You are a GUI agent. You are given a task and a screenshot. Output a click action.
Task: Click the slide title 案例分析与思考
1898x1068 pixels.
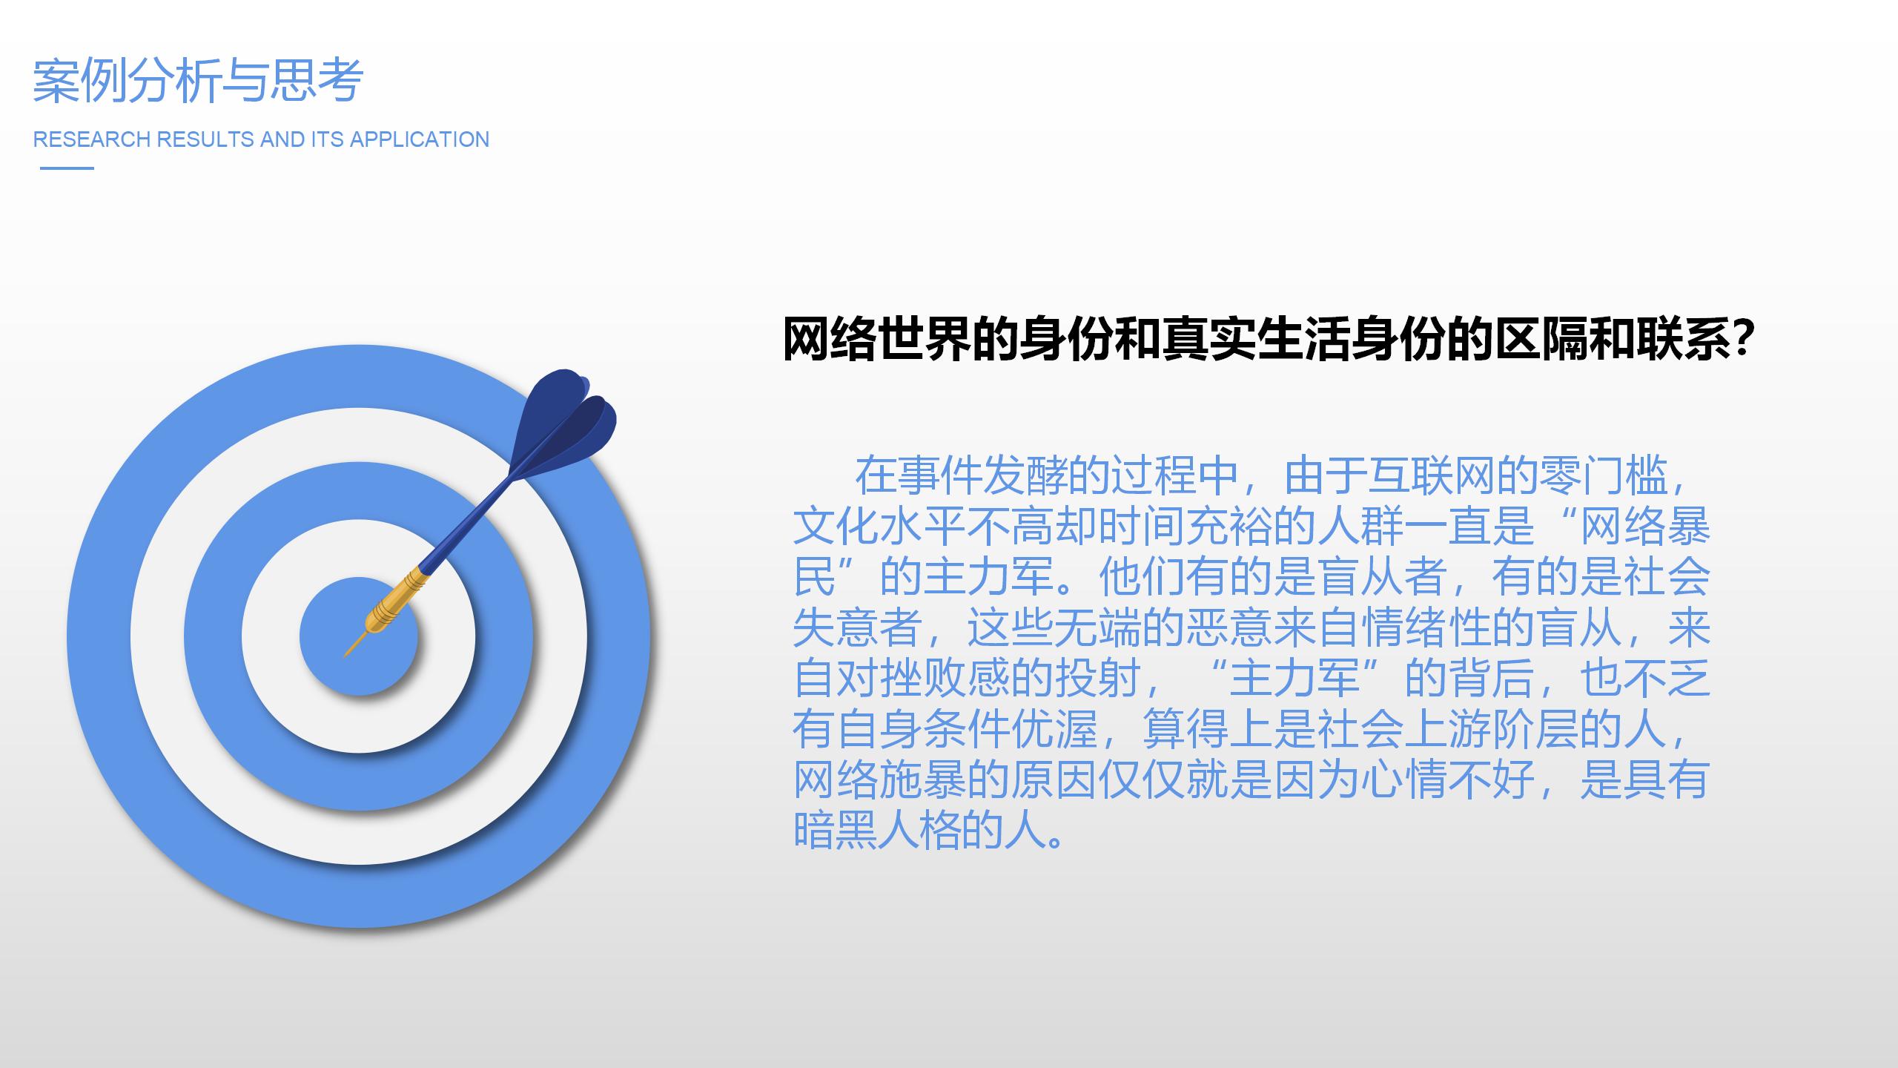(x=198, y=80)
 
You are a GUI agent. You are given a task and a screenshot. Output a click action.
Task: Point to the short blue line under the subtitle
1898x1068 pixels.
(x=67, y=168)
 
